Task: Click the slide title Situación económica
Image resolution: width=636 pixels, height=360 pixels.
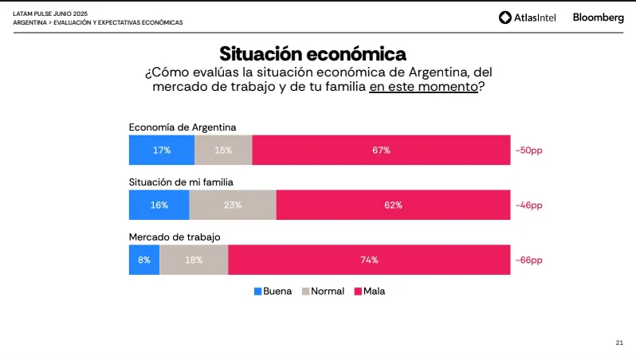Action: [x=313, y=54]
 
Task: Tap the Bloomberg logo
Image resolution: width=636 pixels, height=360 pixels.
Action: [x=598, y=18]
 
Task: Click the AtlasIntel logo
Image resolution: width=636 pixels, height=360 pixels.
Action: [x=528, y=18]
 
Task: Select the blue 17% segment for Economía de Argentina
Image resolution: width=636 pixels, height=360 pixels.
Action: [x=161, y=150]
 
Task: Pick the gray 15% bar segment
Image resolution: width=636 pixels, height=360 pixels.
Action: [x=223, y=150]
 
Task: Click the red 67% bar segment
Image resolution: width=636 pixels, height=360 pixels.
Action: [x=381, y=150]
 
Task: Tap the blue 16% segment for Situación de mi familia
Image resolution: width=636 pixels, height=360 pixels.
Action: [x=159, y=205]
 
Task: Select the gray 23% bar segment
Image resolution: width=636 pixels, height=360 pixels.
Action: [x=233, y=205]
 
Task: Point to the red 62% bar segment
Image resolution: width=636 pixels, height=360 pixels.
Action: [x=393, y=205]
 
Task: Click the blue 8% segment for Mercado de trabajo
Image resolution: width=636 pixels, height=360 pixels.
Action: [x=144, y=260]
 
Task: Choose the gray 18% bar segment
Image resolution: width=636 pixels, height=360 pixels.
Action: [x=194, y=260]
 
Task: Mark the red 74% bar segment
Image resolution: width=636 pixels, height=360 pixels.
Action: [x=369, y=260]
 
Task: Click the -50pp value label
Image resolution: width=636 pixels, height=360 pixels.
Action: [x=528, y=150]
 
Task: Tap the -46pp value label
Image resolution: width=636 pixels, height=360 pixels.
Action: [x=528, y=205]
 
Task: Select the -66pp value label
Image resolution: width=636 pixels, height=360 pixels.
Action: [x=528, y=260]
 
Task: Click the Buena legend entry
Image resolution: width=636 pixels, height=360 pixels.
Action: [x=273, y=292]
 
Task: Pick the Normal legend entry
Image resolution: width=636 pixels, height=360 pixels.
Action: [x=323, y=292]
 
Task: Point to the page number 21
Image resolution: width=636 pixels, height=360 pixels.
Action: [x=619, y=342]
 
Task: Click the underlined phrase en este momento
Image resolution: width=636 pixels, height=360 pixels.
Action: [x=423, y=87]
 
